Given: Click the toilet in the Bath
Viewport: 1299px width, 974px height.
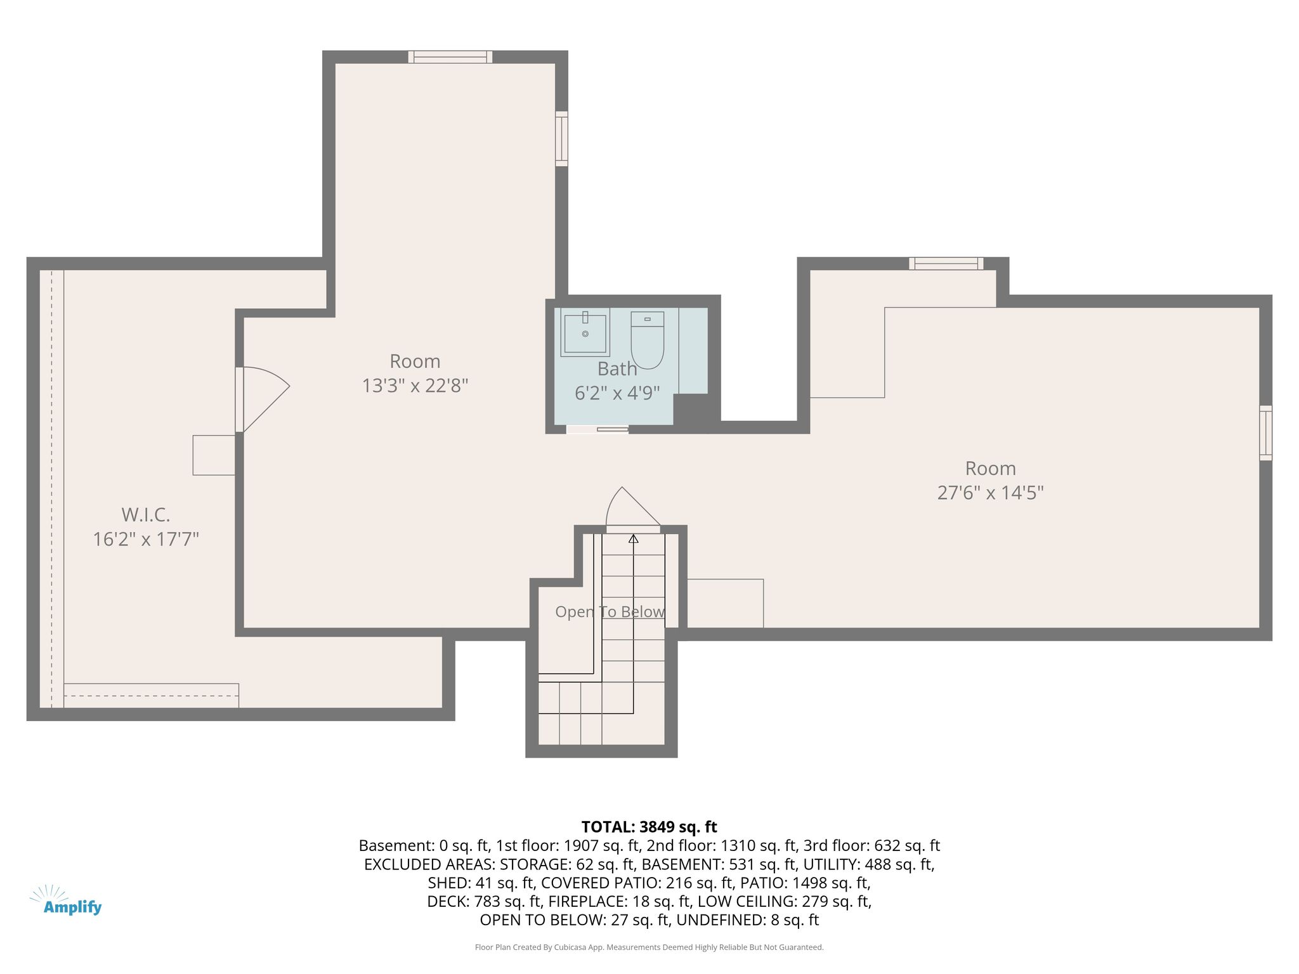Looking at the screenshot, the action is point(647,340).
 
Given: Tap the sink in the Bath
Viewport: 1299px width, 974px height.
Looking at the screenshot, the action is point(585,332).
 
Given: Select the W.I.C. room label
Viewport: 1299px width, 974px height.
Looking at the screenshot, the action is point(146,514).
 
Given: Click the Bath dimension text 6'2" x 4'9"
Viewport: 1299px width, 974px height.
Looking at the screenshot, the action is point(617,393).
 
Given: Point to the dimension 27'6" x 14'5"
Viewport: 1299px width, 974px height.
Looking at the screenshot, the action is point(990,493).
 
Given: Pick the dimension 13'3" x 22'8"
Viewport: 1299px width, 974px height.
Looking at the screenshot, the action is point(415,386).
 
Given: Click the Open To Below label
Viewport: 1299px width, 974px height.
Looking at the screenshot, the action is point(610,612).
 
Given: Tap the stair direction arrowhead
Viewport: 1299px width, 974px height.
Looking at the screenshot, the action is point(633,539).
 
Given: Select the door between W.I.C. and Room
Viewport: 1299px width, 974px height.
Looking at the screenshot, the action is point(263,399).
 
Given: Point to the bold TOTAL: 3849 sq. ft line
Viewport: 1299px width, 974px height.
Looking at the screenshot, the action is point(649,827).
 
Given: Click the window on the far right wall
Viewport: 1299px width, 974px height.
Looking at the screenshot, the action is point(1265,433).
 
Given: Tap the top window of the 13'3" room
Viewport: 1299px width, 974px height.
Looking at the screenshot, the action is point(450,57).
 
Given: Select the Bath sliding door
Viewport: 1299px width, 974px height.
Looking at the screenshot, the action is point(597,429).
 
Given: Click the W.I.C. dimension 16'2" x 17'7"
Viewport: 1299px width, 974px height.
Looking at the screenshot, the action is point(146,540).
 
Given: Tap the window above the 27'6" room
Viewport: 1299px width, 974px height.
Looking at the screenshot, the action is point(946,264).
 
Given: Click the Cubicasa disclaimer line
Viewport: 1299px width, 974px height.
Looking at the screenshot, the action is point(649,947).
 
